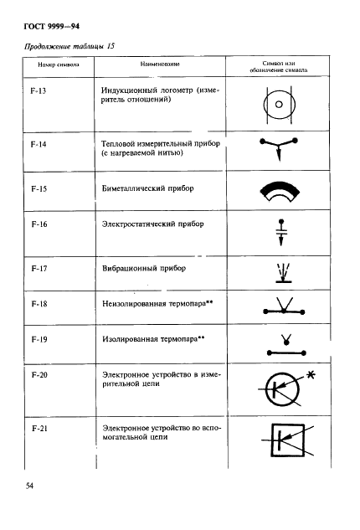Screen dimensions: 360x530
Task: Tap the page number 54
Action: pyautogui.click(x=24, y=485)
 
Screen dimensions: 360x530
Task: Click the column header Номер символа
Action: pyautogui.click(x=45, y=64)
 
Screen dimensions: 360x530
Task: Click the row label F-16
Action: pyautogui.click(x=37, y=226)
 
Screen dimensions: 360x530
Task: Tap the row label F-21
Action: pyautogui.click(x=37, y=430)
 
